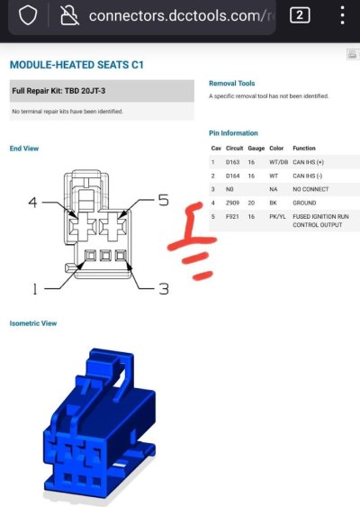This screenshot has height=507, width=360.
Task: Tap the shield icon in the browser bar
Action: pos(28,15)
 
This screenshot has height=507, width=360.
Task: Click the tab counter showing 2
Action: pos(300,15)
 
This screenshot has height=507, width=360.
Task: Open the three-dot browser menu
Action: pos(342,15)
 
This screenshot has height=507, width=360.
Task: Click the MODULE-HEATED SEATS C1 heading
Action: pos(76,65)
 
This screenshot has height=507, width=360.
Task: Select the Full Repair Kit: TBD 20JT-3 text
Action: pos(58,91)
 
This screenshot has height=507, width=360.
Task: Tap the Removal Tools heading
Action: pos(231,84)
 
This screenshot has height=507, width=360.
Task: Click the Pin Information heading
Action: pos(233,133)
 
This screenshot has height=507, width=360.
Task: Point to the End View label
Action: pos(24,149)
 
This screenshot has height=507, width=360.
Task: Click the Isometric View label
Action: pos(33,323)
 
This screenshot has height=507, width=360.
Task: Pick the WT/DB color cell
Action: pos(278,162)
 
